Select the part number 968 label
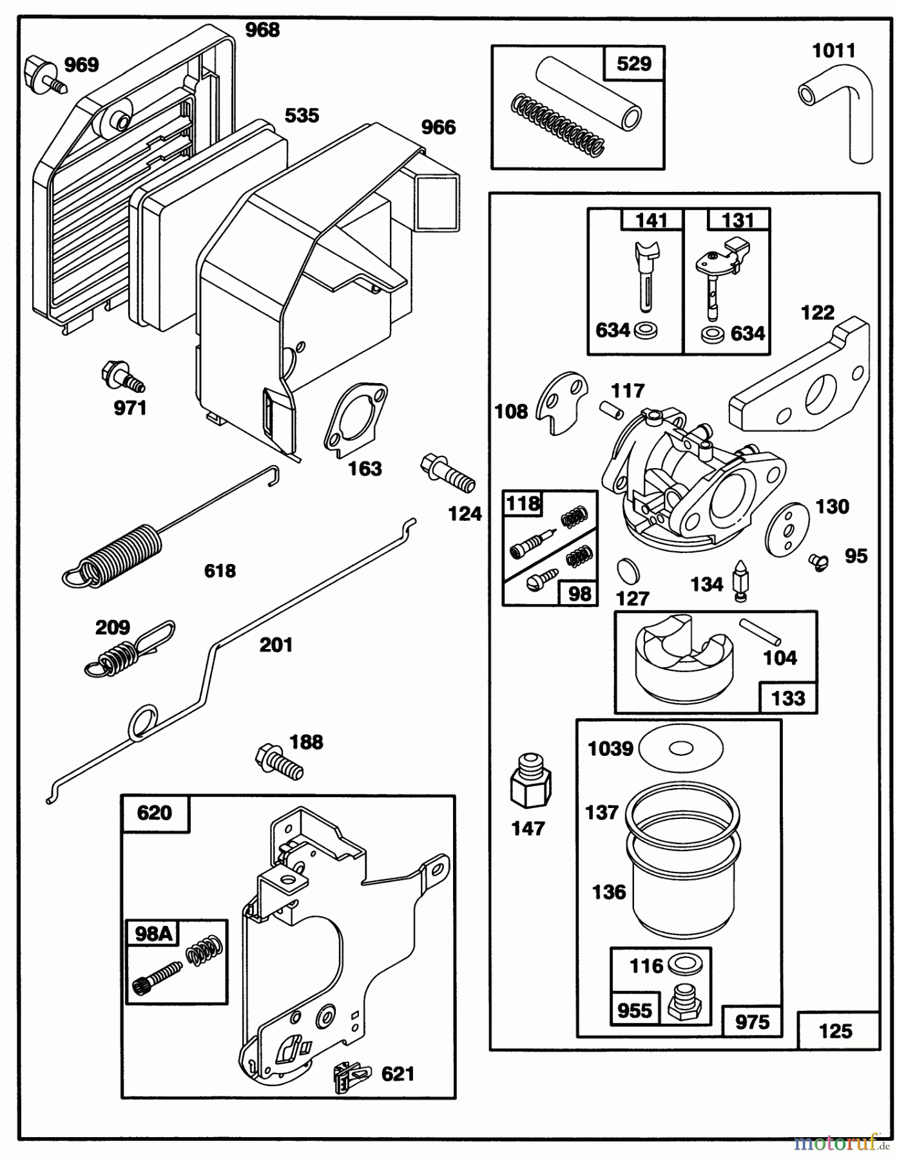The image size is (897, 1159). [x=262, y=30]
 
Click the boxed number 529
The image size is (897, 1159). [x=634, y=64]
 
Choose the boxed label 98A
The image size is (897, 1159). [x=153, y=934]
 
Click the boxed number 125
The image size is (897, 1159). [x=835, y=1031]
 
